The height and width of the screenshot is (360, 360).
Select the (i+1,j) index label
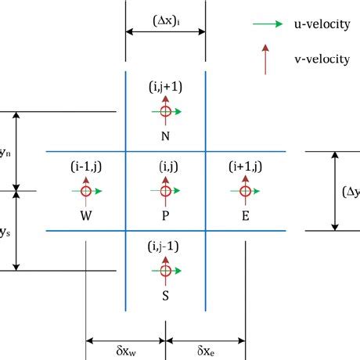tap(245, 166)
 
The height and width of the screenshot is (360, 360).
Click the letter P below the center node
tap(165, 214)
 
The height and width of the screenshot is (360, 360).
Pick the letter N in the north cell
tap(165, 135)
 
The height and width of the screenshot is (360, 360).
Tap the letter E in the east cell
tap(246, 214)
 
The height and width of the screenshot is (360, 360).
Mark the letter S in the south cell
tap(165, 295)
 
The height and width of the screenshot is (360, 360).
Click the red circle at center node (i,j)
tap(165, 190)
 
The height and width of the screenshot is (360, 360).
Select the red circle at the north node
tap(165, 112)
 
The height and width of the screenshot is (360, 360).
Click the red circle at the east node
tap(246, 190)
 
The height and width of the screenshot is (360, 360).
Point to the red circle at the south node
tap(165, 271)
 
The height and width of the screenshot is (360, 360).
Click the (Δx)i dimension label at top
tap(165, 16)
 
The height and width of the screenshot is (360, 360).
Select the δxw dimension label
tap(125, 349)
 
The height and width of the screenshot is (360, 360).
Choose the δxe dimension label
tap(208, 349)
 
